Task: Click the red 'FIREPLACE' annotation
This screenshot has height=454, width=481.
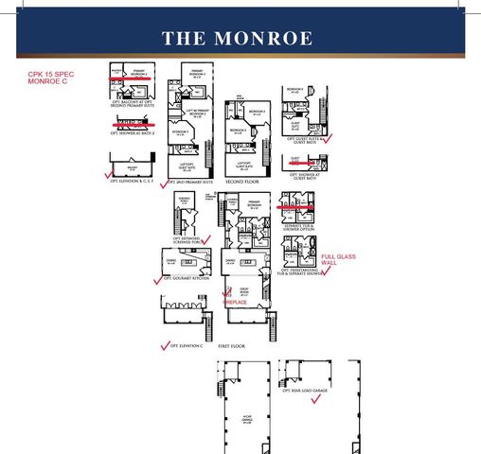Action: tap(236, 303)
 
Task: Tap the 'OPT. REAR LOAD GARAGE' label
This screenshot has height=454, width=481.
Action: tap(304, 389)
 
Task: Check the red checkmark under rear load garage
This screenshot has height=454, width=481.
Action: tap(317, 399)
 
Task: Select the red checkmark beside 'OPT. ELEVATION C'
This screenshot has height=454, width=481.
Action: tap(166, 345)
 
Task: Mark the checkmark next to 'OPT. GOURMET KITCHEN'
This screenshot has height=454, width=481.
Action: tap(157, 280)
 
